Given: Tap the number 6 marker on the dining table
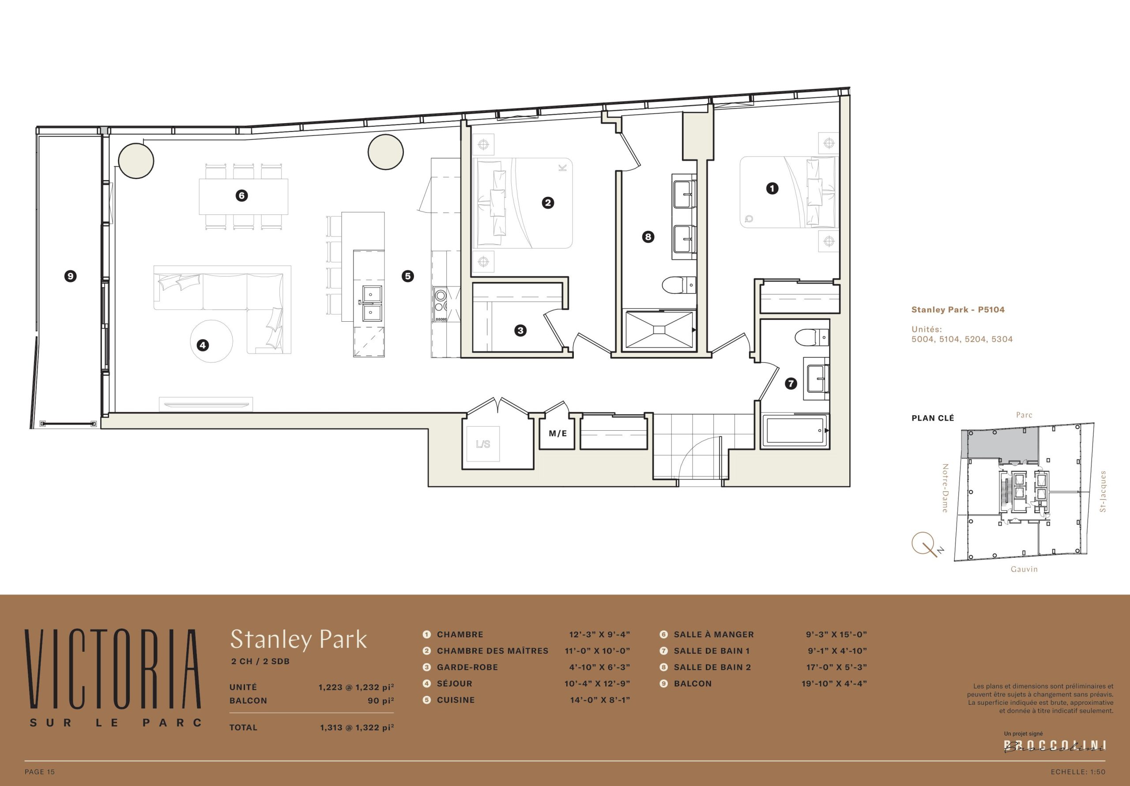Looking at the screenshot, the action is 241,196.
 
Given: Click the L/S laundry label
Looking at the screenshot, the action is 483,444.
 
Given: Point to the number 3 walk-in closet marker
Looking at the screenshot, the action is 520,331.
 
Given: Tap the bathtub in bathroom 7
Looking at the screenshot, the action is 795,431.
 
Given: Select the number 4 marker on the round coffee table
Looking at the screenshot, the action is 203,345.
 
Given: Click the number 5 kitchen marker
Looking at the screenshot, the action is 407,276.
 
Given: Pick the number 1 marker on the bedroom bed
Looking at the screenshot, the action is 772,188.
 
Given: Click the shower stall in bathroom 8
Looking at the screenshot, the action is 659,329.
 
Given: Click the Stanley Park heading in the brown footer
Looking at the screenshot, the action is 298,639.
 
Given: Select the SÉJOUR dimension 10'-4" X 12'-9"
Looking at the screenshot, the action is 597,683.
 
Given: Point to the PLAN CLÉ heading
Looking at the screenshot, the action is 933,418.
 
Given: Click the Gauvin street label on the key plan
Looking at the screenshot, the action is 1024,569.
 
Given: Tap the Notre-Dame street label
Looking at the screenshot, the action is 945,488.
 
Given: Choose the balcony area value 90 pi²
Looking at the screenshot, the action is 380,700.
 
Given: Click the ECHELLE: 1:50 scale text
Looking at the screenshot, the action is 1078,772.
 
